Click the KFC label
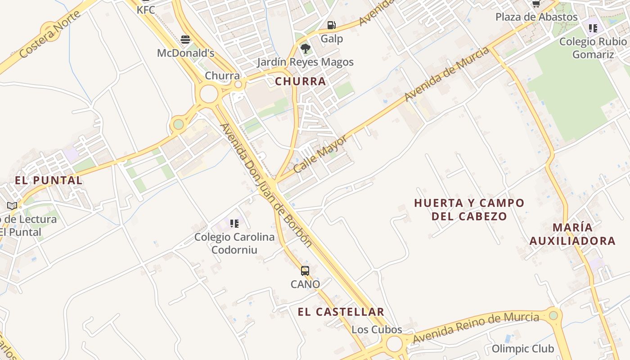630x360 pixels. [x=146, y=9]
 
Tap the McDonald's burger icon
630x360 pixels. [x=185, y=40]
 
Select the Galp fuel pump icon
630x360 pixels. [x=331, y=25]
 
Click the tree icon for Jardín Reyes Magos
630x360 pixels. [x=305, y=49]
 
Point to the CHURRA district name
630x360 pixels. [x=300, y=81]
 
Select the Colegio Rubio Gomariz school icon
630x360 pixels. [x=593, y=28]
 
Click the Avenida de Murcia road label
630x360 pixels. [x=446, y=74]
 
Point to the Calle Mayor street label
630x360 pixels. [x=320, y=154]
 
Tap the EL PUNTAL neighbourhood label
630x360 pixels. [x=49, y=180]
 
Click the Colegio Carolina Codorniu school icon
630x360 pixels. [x=234, y=223]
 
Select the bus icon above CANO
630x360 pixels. [x=305, y=271]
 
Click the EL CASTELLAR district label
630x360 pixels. [x=341, y=312]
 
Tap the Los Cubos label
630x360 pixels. [x=377, y=329]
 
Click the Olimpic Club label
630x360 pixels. [x=523, y=349]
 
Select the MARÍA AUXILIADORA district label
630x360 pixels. [x=572, y=234]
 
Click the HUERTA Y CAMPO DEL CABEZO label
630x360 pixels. [x=469, y=209]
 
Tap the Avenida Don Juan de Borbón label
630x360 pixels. [x=265, y=184]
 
